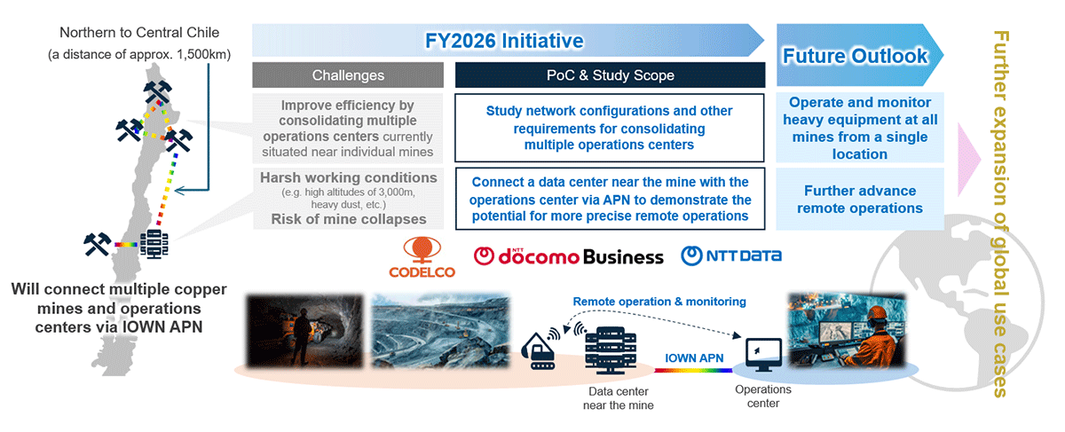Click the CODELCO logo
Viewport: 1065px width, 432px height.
click(422, 257)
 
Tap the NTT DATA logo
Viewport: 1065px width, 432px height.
click(731, 255)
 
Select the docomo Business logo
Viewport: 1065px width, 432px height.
click(568, 256)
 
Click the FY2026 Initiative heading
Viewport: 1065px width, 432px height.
click(504, 41)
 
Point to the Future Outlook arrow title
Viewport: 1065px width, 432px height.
click(855, 56)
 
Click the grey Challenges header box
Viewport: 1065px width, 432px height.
click(348, 75)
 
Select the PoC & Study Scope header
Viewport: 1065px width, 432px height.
click(610, 75)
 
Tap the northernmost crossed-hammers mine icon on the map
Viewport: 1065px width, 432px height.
click(157, 91)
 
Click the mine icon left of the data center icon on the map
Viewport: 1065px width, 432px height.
click(98, 244)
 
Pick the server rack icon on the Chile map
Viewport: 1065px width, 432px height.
click(154, 244)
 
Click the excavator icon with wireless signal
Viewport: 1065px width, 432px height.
click(540, 349)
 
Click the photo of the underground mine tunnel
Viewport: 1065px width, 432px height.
click(304, 331)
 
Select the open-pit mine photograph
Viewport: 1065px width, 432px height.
click(440, 331)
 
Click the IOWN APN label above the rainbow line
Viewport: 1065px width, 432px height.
click(694, 357)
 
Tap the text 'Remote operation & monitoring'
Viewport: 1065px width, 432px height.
click(659, 302)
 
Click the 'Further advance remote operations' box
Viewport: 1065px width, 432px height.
click(860, 199)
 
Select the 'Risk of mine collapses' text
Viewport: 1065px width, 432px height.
click(349, 219)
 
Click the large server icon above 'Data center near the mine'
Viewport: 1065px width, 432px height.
click(611, 350)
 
